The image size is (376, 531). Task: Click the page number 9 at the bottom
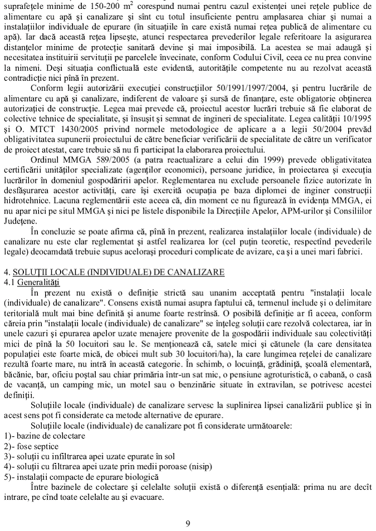pyautogui.click(x=188, y=523)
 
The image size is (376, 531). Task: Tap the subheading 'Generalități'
pyautogui.click(x=38, y=281)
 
